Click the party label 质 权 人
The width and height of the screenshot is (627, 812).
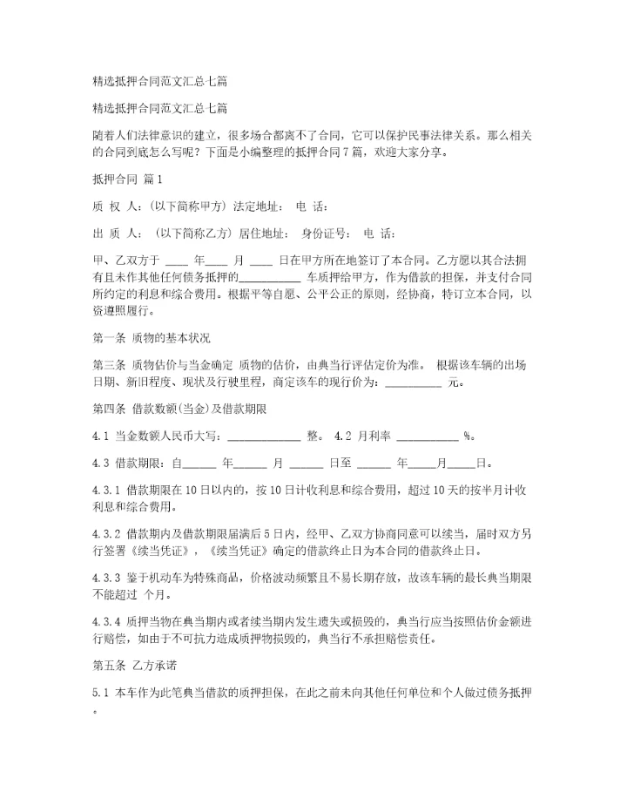point(113,207)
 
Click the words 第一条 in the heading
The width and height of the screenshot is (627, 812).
point(107,336)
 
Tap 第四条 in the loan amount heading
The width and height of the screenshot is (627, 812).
point(107,408)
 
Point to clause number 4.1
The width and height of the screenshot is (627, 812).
point(99,435)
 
